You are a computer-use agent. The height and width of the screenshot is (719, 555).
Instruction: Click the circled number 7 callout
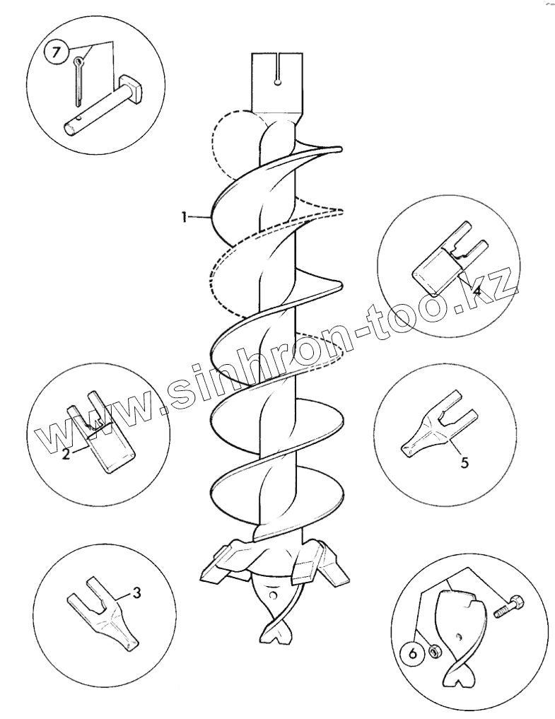(55, 52)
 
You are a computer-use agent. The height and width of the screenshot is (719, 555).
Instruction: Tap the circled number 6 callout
(412, 653)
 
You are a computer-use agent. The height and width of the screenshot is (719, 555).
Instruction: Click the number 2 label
(66, 455)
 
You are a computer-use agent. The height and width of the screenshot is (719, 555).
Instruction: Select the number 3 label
(136, 592)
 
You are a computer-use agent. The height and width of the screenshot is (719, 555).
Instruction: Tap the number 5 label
(465, 462)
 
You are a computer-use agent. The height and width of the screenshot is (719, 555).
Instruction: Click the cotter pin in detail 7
(78, 81)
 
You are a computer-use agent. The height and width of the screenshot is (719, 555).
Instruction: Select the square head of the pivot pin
(132, 88)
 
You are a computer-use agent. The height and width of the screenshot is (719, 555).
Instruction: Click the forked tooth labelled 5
(439, 425)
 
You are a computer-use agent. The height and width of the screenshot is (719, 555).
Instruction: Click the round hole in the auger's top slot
(277, 82)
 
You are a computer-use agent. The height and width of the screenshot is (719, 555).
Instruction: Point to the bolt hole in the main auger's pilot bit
(274, 595)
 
